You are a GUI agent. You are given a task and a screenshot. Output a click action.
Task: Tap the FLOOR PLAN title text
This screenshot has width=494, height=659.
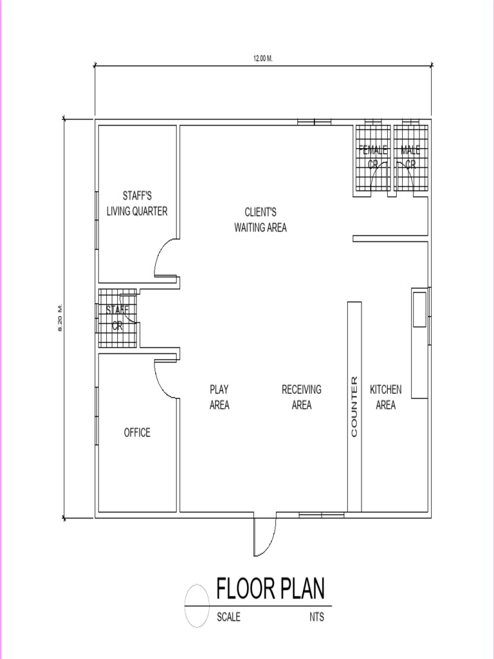click(x=270, y=588)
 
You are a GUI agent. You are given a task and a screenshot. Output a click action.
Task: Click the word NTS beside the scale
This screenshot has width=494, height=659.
click(x=316, y=617)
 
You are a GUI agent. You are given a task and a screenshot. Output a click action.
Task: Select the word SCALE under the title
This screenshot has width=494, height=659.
click(x=229, y=617)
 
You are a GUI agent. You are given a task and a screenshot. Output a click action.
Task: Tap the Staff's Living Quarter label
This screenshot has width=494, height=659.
click(x=137, y=203)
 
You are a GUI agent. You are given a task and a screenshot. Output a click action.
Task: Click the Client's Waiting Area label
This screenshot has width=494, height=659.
click(x=261, y=219)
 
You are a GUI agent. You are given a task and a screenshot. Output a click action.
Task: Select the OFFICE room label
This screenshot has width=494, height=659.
click(x=137, y=432)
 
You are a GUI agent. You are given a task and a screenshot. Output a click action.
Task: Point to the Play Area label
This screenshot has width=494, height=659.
click(x=219, y=397)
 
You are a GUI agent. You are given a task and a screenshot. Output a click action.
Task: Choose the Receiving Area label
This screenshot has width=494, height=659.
click(x=302, y=397)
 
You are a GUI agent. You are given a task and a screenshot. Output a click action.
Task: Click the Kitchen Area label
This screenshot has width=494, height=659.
click(x=386, y=397)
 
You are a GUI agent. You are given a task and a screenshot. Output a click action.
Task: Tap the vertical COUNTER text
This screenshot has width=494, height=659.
click(x=354, y=407)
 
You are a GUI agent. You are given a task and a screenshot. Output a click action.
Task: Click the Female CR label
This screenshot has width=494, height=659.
click(x=373, y=157)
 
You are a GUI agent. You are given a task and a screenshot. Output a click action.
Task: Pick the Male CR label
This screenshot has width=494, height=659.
click(x=410, y=157)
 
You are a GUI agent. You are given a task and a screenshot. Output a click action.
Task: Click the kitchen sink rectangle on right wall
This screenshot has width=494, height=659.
click(x=419, y=309)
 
